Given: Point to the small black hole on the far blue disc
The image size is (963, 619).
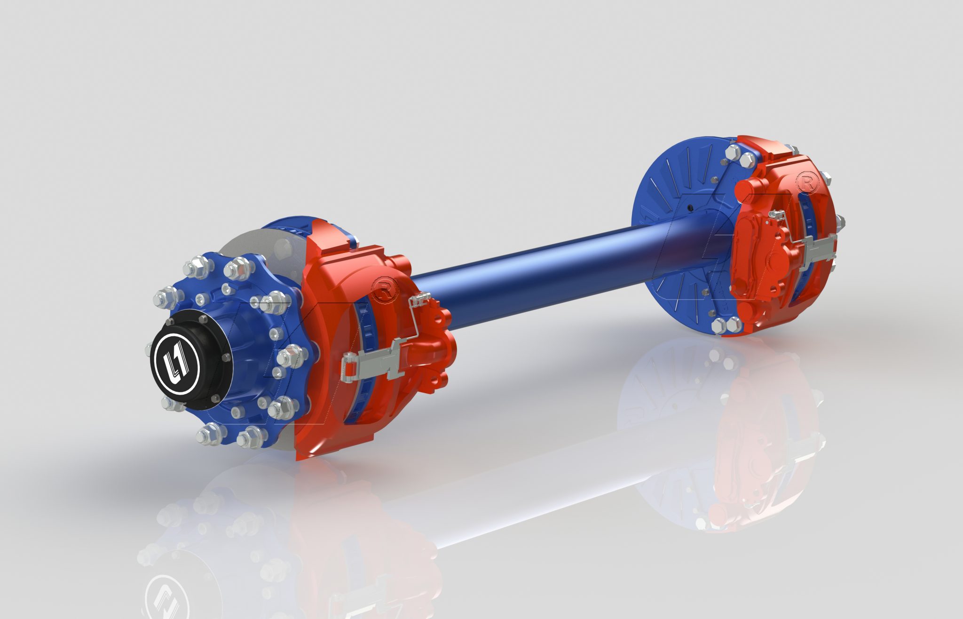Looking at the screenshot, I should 689,207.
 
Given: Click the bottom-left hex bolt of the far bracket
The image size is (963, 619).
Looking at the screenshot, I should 719,325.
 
